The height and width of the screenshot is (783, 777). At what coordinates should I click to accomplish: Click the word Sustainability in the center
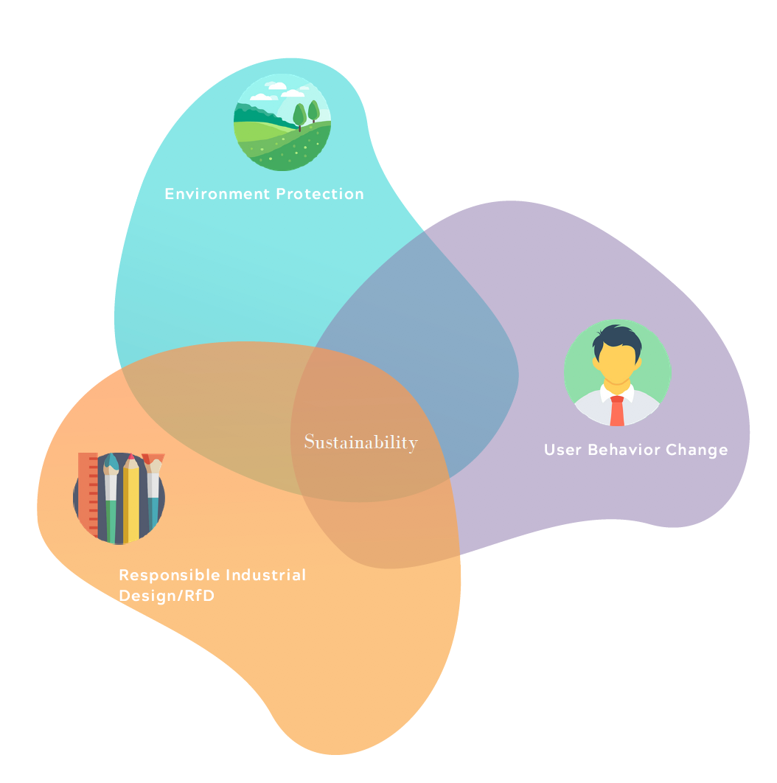point(360,442)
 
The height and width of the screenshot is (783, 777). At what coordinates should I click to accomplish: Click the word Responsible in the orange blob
point(169,575)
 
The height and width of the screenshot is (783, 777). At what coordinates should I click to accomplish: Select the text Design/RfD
point(167,596)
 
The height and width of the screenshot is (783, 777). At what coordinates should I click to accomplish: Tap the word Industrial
point(265,575)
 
